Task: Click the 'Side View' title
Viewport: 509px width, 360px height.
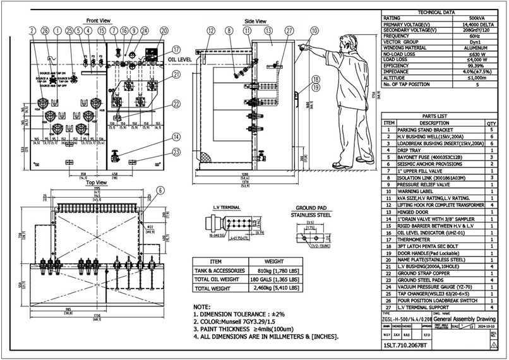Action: click(256, 21)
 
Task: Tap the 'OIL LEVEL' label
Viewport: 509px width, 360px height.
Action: click(181, 59)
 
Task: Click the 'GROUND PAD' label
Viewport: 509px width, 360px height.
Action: click(310, 207)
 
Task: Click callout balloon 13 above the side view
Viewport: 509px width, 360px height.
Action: click(268, 30)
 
